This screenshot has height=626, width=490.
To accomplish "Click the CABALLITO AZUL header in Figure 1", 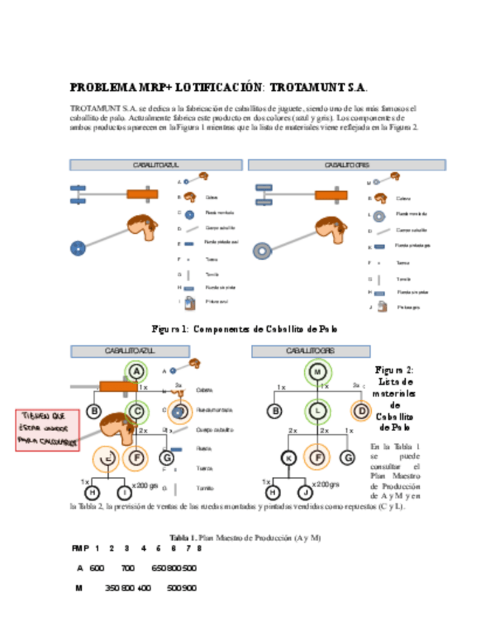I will tap(156, 165).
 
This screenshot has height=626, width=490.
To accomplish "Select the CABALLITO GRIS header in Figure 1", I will tap(347, 165).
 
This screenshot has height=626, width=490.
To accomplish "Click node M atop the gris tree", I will tap(317, 372).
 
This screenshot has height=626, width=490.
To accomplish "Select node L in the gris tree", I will tap(317, 410).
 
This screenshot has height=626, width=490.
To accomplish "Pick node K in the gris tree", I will tap(289, 458).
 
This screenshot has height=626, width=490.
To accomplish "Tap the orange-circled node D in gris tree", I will tap(361, 410).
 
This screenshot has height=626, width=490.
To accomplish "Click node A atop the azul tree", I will tap(135, 371).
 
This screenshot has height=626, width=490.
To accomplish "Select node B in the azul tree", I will tap(94, 411).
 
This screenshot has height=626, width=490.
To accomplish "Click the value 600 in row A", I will tap(97, 568).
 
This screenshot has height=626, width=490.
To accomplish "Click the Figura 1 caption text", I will tap(245, 329).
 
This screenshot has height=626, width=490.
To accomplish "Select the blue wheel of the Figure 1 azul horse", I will tap(75, 248).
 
